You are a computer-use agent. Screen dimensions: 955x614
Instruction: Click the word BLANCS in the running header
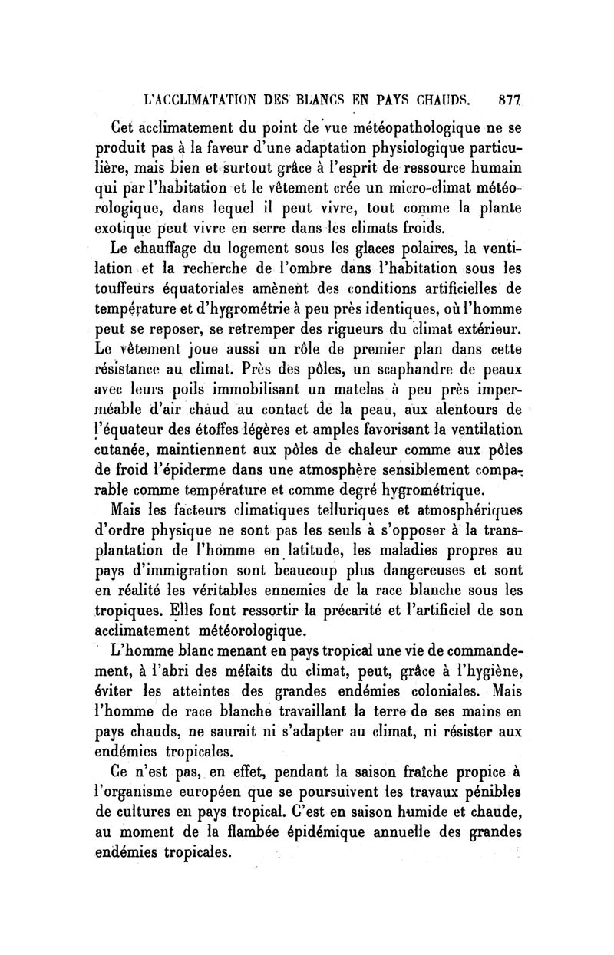(x=318, y=99)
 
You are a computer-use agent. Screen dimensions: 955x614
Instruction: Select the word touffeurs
(x=127, y=289)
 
